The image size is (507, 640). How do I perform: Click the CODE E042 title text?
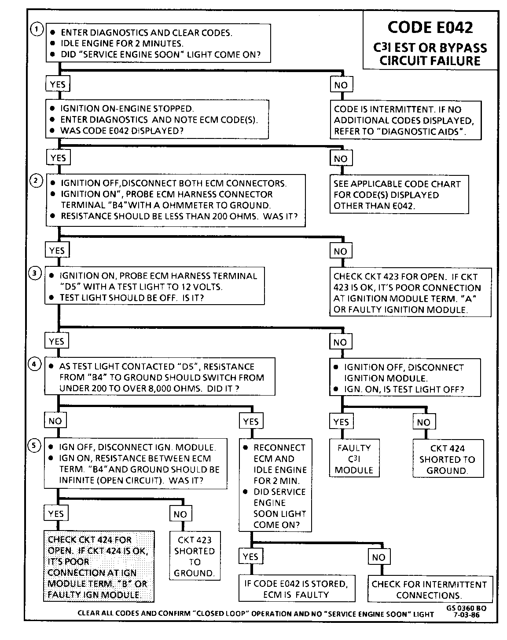point(430,27)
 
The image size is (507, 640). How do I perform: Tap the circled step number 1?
point(37,29)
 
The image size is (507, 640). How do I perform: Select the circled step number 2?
point(36,180)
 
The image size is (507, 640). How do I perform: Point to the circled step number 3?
point(35,273)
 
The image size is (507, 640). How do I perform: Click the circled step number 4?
point(35,364)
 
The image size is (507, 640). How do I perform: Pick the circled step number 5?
point(35,445)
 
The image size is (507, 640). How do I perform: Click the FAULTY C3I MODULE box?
point(354,459)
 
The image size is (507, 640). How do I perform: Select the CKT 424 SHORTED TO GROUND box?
point(447,459)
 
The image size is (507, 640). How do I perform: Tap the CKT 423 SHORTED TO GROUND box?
point(195,556)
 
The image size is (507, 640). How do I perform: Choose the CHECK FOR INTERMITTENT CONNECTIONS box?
point(429,589)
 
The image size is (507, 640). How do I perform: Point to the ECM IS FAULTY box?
point(296,589)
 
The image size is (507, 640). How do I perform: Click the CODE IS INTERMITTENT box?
point(405,120)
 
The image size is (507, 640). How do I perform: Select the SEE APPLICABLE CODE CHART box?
point(399,195)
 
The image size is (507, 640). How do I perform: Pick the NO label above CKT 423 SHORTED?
point(180,514)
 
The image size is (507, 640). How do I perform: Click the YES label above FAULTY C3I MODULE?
point(341,422)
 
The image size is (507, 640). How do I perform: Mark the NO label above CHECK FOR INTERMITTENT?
point(378,557)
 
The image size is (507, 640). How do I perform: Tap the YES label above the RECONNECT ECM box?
point(251,422)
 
